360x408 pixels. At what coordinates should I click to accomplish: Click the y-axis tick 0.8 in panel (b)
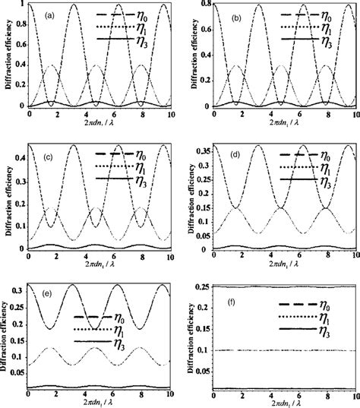(205, 5)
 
